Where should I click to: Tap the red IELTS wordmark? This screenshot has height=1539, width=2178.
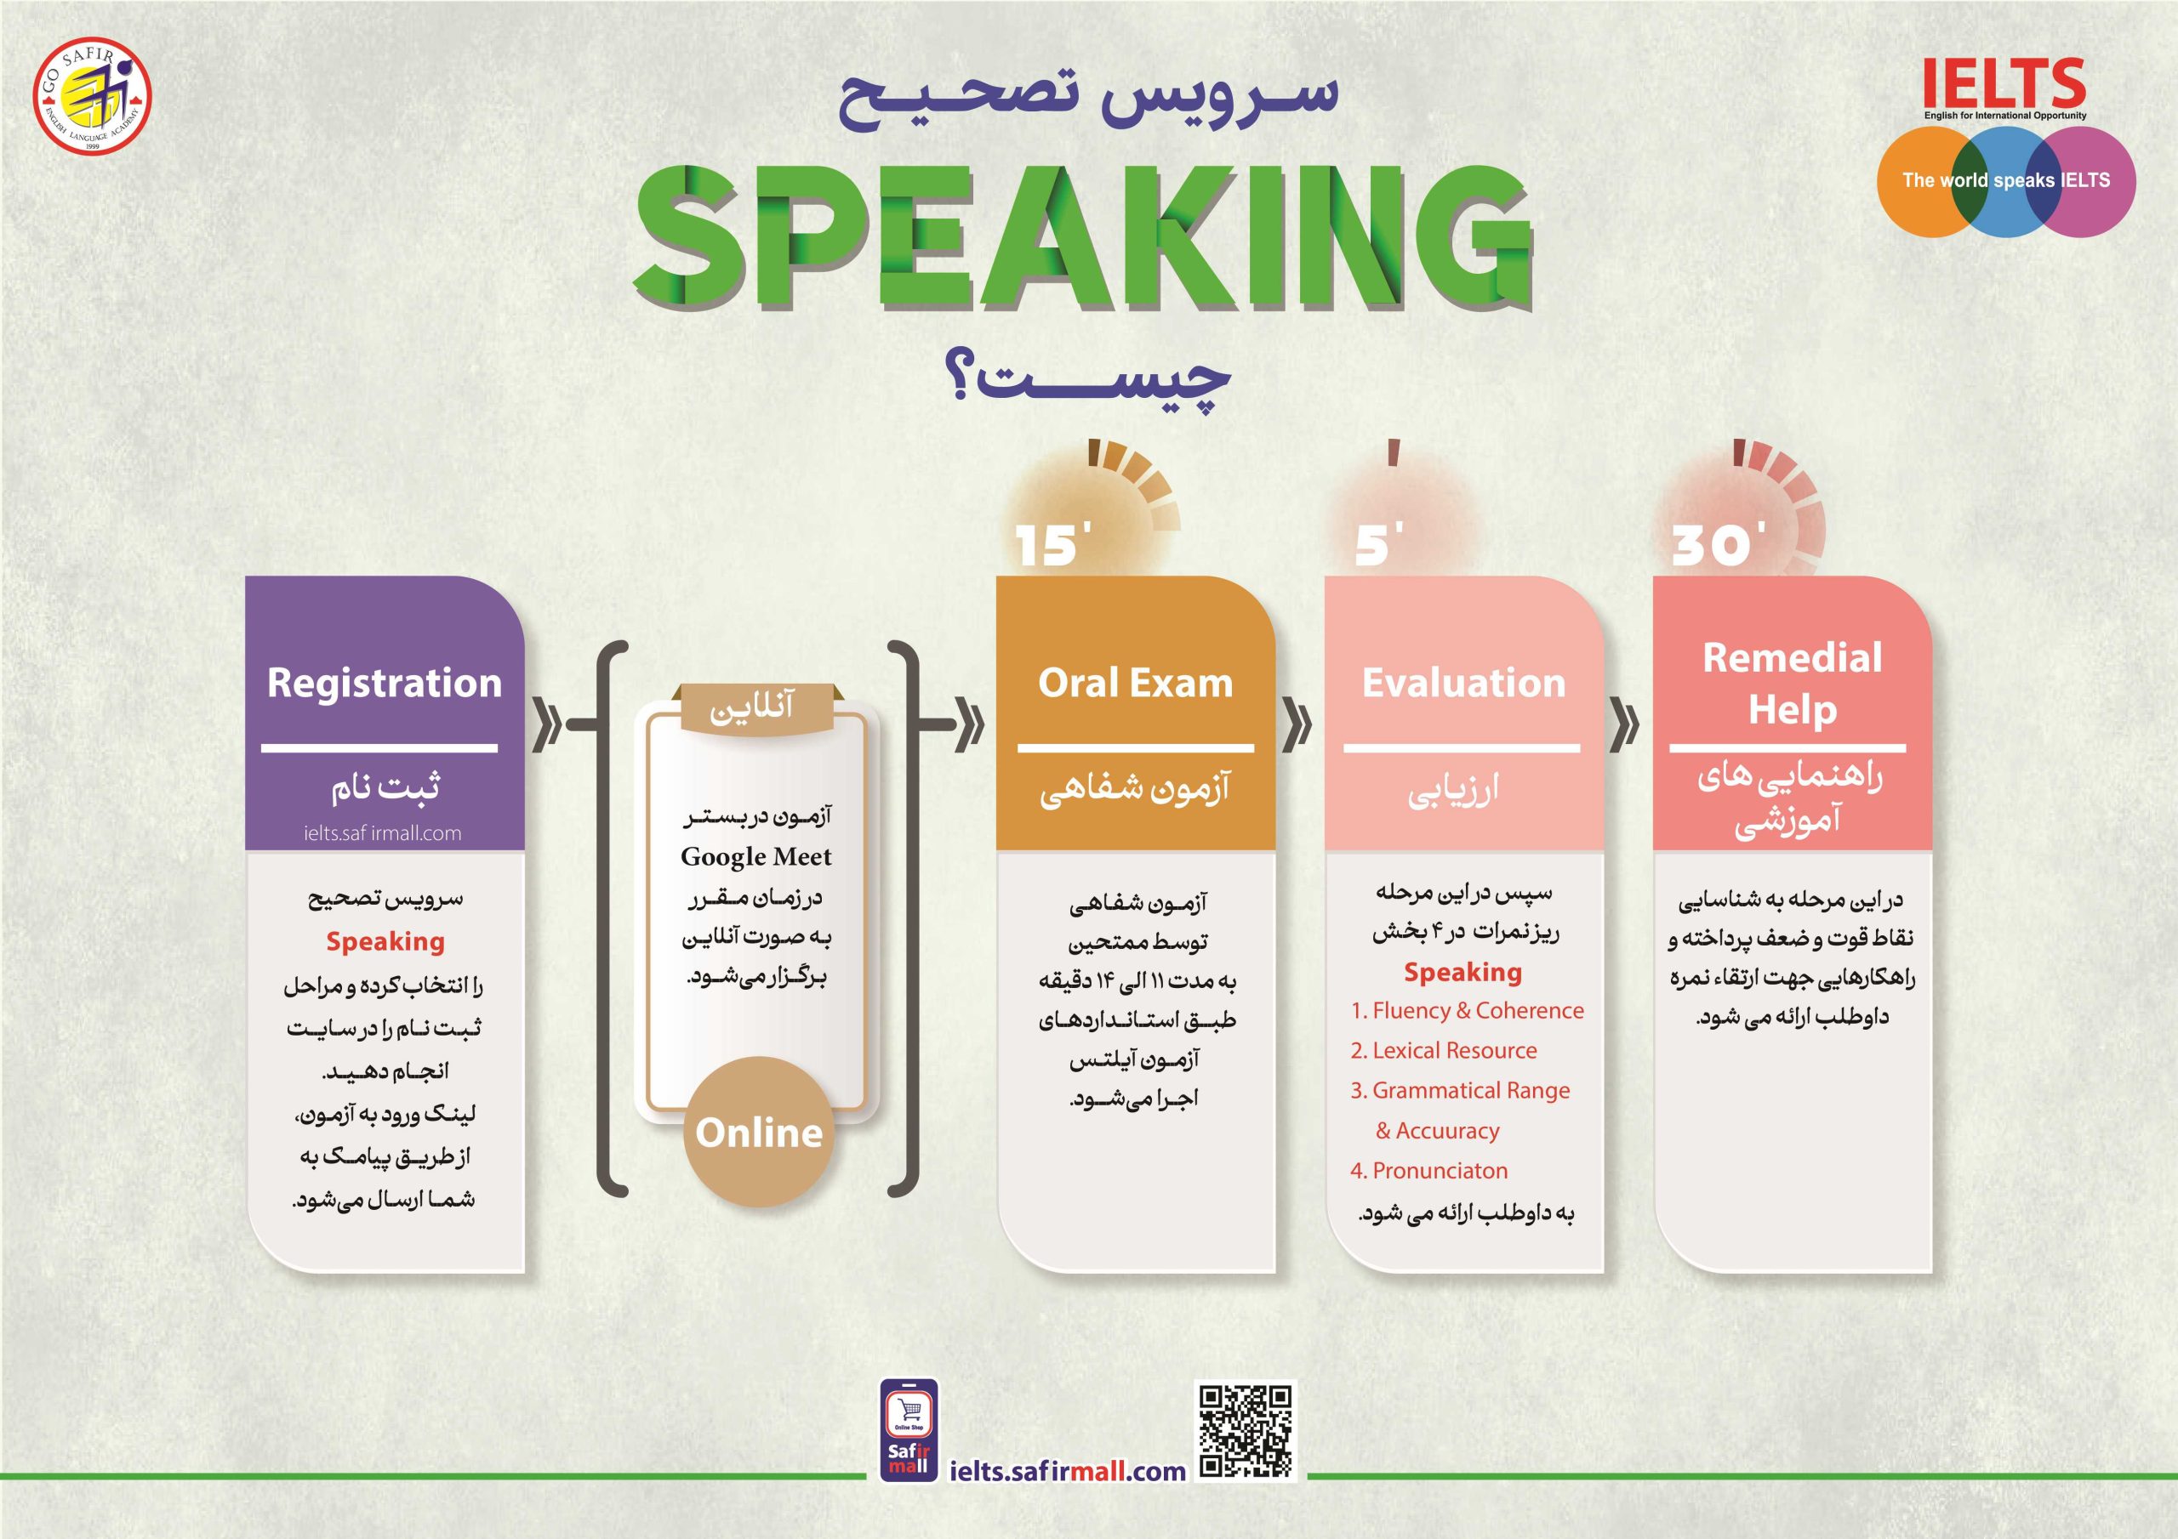click(2004, 84)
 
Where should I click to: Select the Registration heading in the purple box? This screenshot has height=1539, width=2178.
click(385, 683)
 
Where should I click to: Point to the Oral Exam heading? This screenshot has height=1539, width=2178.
click(1135, 683)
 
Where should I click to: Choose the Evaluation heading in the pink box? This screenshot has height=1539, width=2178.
click(1462, 683)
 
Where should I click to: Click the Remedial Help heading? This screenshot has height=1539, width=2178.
click(1792, 683)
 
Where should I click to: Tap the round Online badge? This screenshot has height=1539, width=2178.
click(759, 1133)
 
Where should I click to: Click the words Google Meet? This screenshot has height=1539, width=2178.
click(756, 856)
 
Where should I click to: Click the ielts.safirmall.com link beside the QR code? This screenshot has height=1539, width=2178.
click(1067, 1471)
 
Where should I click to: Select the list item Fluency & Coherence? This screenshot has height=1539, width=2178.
click(1468, 1011)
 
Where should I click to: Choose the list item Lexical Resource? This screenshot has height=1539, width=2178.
click(1444, 1051)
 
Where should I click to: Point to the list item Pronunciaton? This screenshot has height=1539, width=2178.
click(1429, 1171)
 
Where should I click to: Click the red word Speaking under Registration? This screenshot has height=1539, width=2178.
click(385, 941)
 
